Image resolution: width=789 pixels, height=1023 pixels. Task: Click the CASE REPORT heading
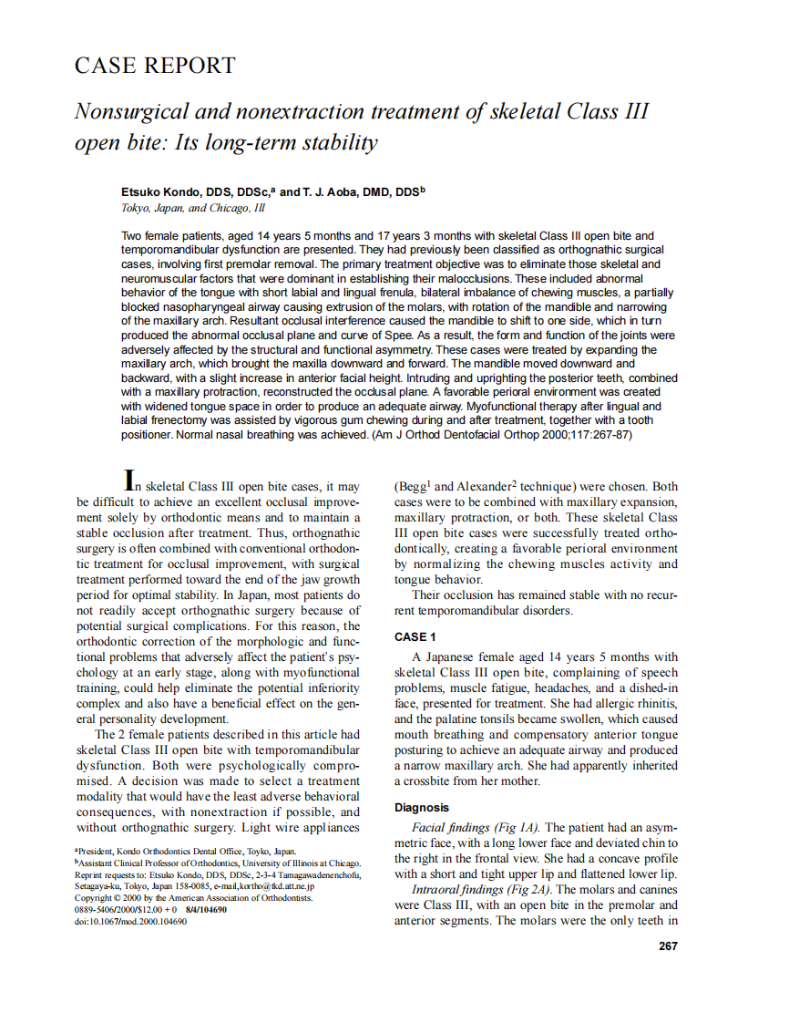pos(155,66)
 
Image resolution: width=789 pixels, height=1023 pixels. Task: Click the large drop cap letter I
pos(131,480)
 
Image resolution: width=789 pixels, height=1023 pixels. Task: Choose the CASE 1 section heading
pos(415,636)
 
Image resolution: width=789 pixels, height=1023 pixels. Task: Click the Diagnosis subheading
pos(421,807)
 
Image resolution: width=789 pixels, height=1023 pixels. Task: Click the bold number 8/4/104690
pos(211,909)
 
